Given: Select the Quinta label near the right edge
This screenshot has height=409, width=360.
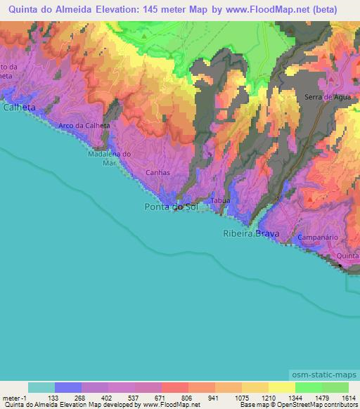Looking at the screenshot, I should [348, 257].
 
